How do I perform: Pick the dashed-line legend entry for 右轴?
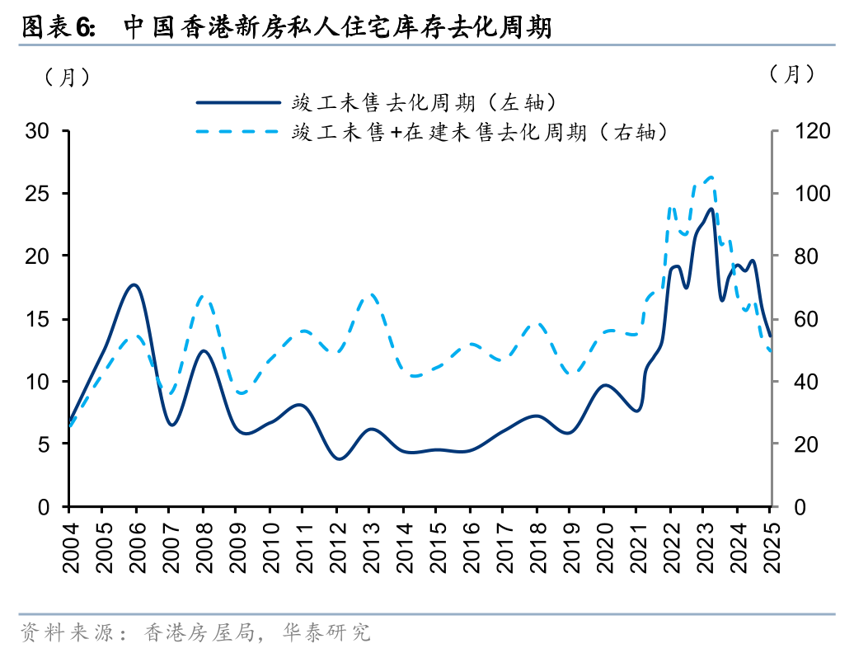click(478, 131)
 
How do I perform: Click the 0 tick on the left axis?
click(46, 507)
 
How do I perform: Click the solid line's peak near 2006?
click(135, 284)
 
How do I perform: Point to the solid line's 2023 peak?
click(711, 208)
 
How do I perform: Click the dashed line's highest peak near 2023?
click(711, 176)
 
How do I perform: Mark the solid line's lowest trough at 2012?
click(338, 458)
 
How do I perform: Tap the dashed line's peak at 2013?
click(370, 294)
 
